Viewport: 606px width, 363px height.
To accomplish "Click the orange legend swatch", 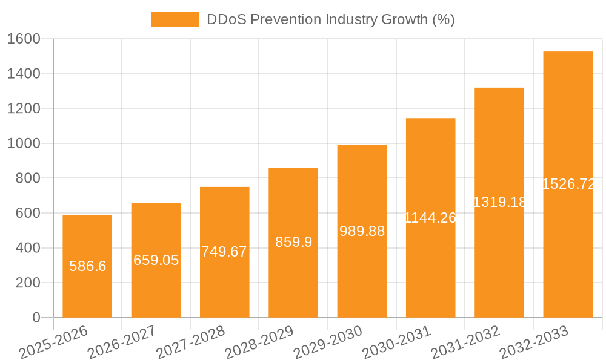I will (175, 19).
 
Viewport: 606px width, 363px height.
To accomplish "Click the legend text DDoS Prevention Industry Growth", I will (330, 19).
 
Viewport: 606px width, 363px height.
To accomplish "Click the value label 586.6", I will (87, 266).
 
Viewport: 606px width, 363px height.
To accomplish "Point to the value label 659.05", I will (156, 260).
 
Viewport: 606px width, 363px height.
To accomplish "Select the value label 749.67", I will (224, 252).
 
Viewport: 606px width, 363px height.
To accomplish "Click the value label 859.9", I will (293, 242).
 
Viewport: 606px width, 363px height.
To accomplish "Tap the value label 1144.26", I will (430, 218).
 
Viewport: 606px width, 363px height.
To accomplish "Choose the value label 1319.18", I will (499, 202).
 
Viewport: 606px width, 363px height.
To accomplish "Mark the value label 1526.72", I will (568, 184).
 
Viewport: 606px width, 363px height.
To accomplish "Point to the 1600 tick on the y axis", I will (23, 39).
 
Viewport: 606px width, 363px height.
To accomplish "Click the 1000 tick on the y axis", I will (23, 143).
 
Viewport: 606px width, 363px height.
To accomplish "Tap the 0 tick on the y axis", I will (36, 318).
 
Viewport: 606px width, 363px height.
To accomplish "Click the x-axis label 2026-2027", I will (121, 342).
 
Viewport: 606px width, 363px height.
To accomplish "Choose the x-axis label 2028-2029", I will (259, 342).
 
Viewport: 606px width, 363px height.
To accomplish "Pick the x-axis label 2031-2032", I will (465, 342).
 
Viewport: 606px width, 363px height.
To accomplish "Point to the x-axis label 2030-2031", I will (396, 342).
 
